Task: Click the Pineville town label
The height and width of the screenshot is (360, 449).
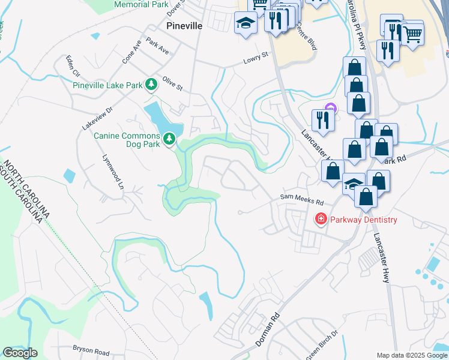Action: click(x=184, y=26)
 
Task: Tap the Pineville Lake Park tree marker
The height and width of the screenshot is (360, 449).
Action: click(x=152, y=85)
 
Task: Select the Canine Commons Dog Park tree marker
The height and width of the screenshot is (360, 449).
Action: click(x=170, y=139)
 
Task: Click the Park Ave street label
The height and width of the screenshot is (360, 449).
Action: click(x=157, y=48)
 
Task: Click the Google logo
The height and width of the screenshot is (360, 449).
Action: click(x=20, y=353)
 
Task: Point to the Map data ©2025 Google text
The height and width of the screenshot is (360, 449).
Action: click(x=411, y=355)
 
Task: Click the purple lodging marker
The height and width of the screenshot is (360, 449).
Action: click(x=329, y=109)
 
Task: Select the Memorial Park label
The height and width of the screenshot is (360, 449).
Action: click(x=141, y=4)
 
